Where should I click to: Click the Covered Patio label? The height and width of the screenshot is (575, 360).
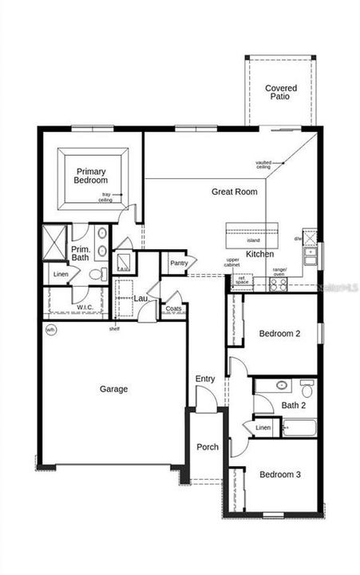coord(280,93)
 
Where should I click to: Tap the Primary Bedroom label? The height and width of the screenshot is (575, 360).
coord(92,176)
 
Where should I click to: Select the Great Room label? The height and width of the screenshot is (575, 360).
coord(234,192)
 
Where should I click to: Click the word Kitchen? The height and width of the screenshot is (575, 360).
coord(260,254)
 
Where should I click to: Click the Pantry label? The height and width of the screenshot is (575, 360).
coord(178,263)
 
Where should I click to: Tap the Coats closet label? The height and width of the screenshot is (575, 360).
coord(173,308)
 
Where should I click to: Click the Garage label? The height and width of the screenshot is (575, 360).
coord(113,390)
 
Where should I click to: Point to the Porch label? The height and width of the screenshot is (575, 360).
coord(208,447)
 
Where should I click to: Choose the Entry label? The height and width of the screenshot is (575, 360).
coord(205,379)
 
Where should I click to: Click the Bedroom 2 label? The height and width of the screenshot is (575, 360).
coord(279,334)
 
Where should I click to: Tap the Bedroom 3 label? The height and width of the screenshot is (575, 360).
coord(279,474)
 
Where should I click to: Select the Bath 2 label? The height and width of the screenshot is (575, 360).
coord(293,406)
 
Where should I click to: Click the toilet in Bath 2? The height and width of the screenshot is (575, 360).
coord(307,389)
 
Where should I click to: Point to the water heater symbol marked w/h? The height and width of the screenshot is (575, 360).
coord(50,329)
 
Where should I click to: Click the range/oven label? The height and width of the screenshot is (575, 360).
coord(279,272)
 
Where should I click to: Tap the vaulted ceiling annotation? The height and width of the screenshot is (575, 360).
coord(264,165)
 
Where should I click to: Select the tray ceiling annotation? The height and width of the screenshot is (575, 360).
coord(105,197)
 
